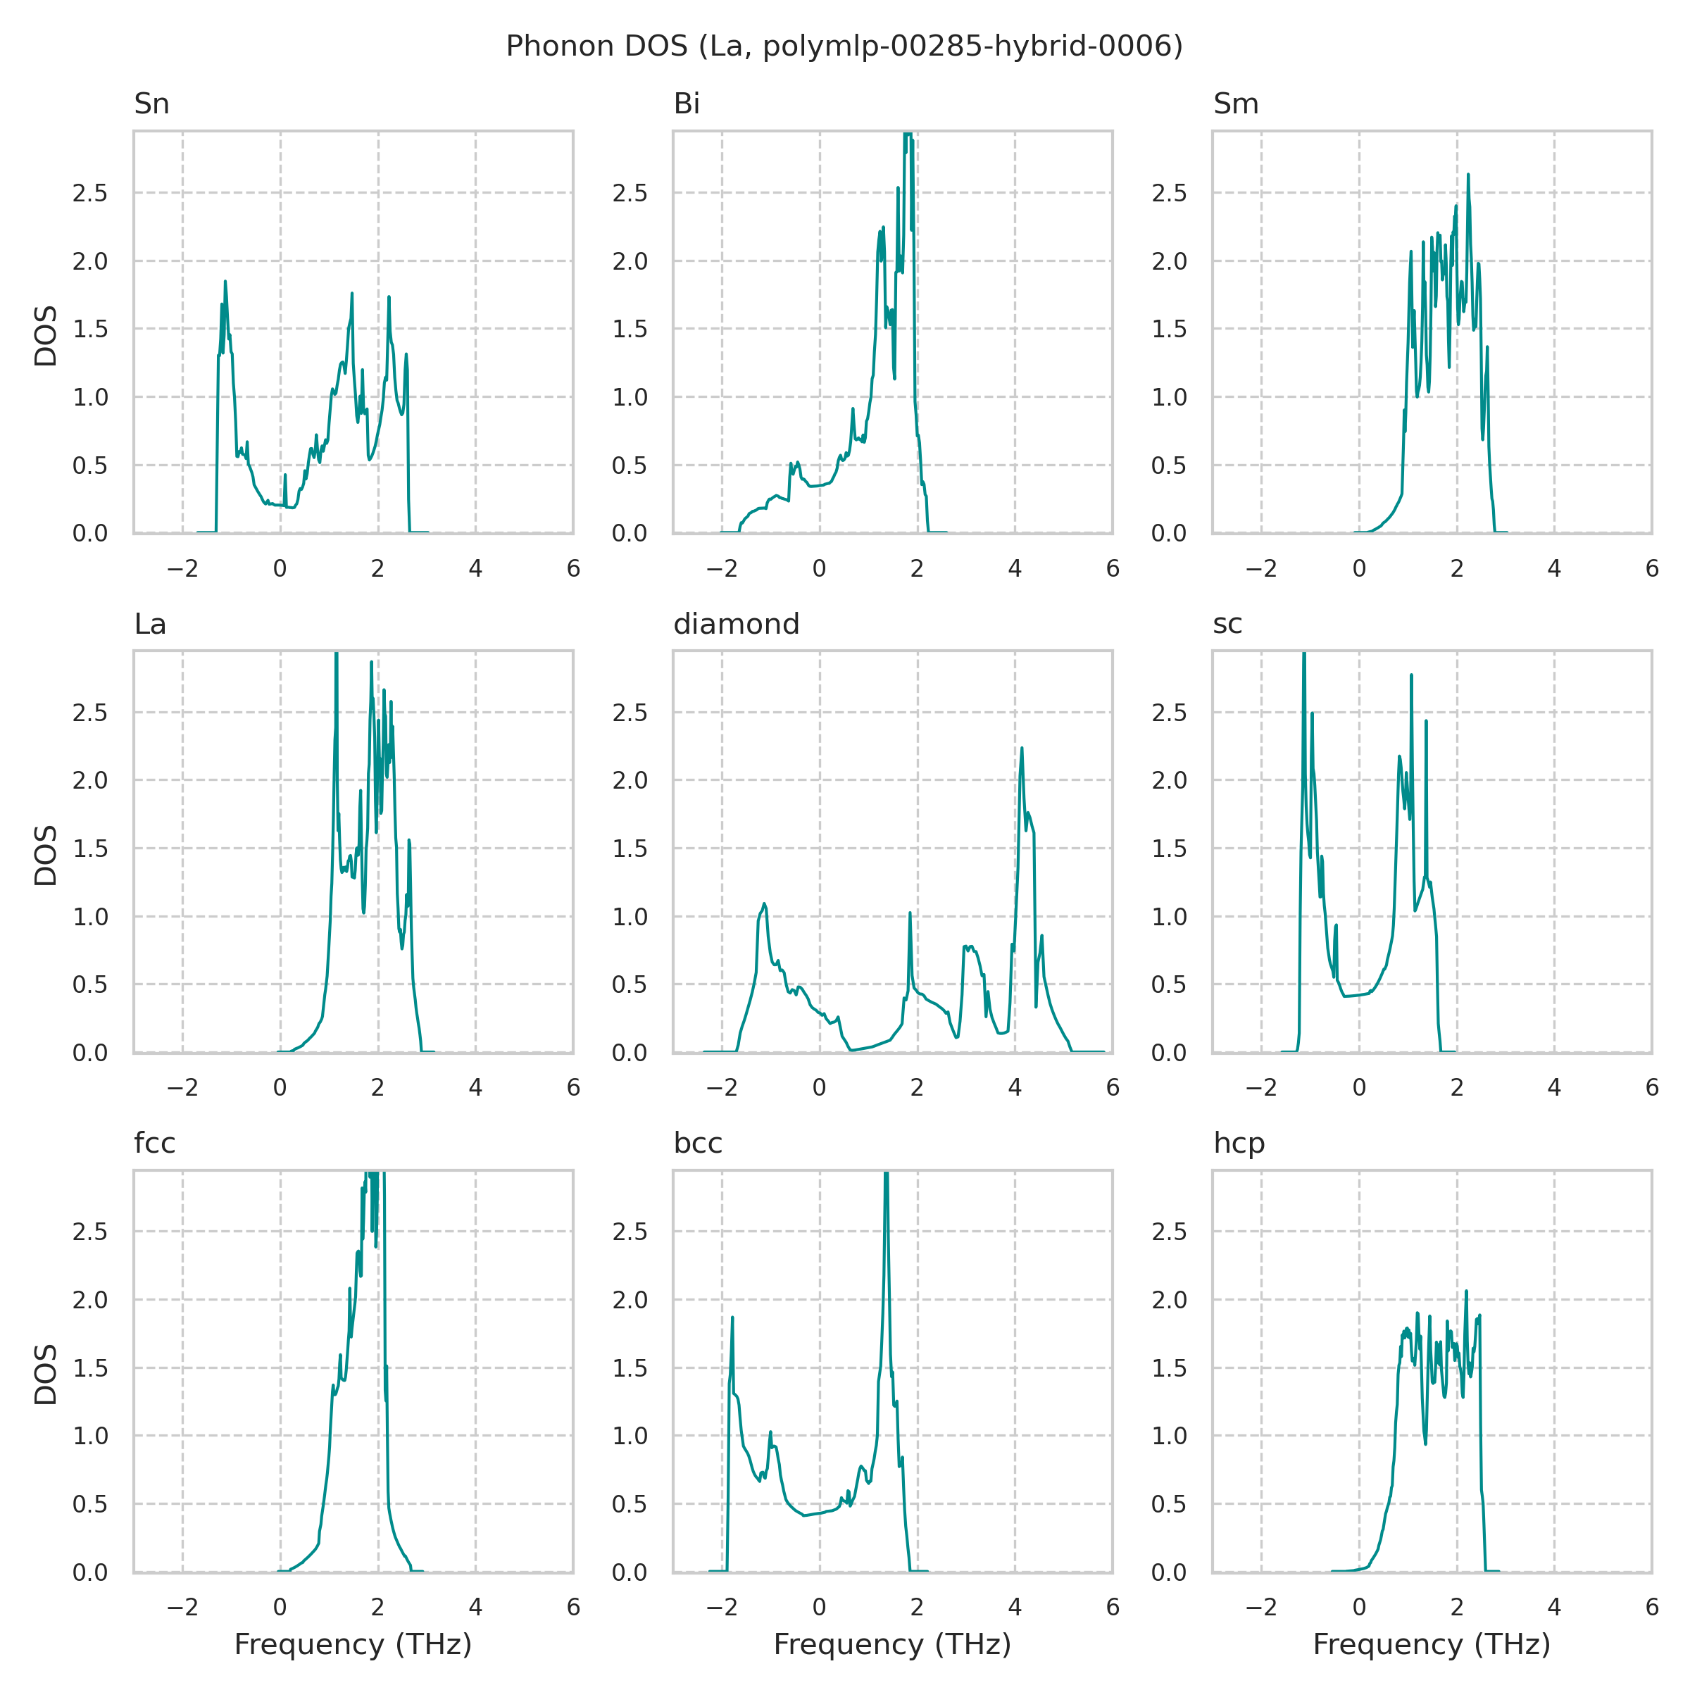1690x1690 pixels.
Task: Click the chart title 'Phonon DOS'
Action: (x=844, y=46)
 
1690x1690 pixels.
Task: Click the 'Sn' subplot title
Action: (x=151, y=104)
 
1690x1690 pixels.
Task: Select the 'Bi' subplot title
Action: (x=687, y=104)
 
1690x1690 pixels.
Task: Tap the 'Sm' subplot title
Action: (x=1235, y=104)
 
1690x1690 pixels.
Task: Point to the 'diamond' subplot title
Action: (x=736, y=624)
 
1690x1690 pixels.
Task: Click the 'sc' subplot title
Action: (x=1227, y=624)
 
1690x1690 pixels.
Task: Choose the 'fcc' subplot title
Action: (x=155, y=1144)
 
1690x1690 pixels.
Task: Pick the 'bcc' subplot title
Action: (x=697, y=1144)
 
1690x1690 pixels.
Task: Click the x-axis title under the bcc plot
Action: (x=892, y=1644)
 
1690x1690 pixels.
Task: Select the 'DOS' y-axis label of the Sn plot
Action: (x=46, y=336)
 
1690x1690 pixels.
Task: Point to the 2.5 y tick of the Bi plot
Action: (x=630, y=194)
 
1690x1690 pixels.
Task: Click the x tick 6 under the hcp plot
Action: (x=1651, y=1607)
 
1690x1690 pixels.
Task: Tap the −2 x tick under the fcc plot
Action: (x=182, y=1607)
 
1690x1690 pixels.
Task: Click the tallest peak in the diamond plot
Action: (x=1022, y=748)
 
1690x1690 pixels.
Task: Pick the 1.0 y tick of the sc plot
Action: (x=1170, y=917)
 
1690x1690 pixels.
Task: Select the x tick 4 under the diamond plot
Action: (x=1015, y=1087)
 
